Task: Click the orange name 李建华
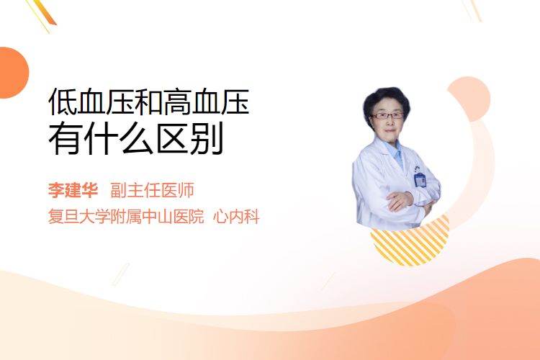73,190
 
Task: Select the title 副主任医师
152,190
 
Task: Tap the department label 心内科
236,217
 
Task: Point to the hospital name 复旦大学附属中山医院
126,217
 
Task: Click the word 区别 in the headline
190,138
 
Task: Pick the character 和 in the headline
148,102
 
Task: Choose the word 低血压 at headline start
91,102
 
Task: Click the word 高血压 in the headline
206,102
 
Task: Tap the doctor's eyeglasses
387,115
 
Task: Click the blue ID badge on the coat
420,179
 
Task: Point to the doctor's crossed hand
400,200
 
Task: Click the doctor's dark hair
386,101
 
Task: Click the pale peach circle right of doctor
469,99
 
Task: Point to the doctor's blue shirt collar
395,152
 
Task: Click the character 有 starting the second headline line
65,138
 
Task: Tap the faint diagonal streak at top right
472,10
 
